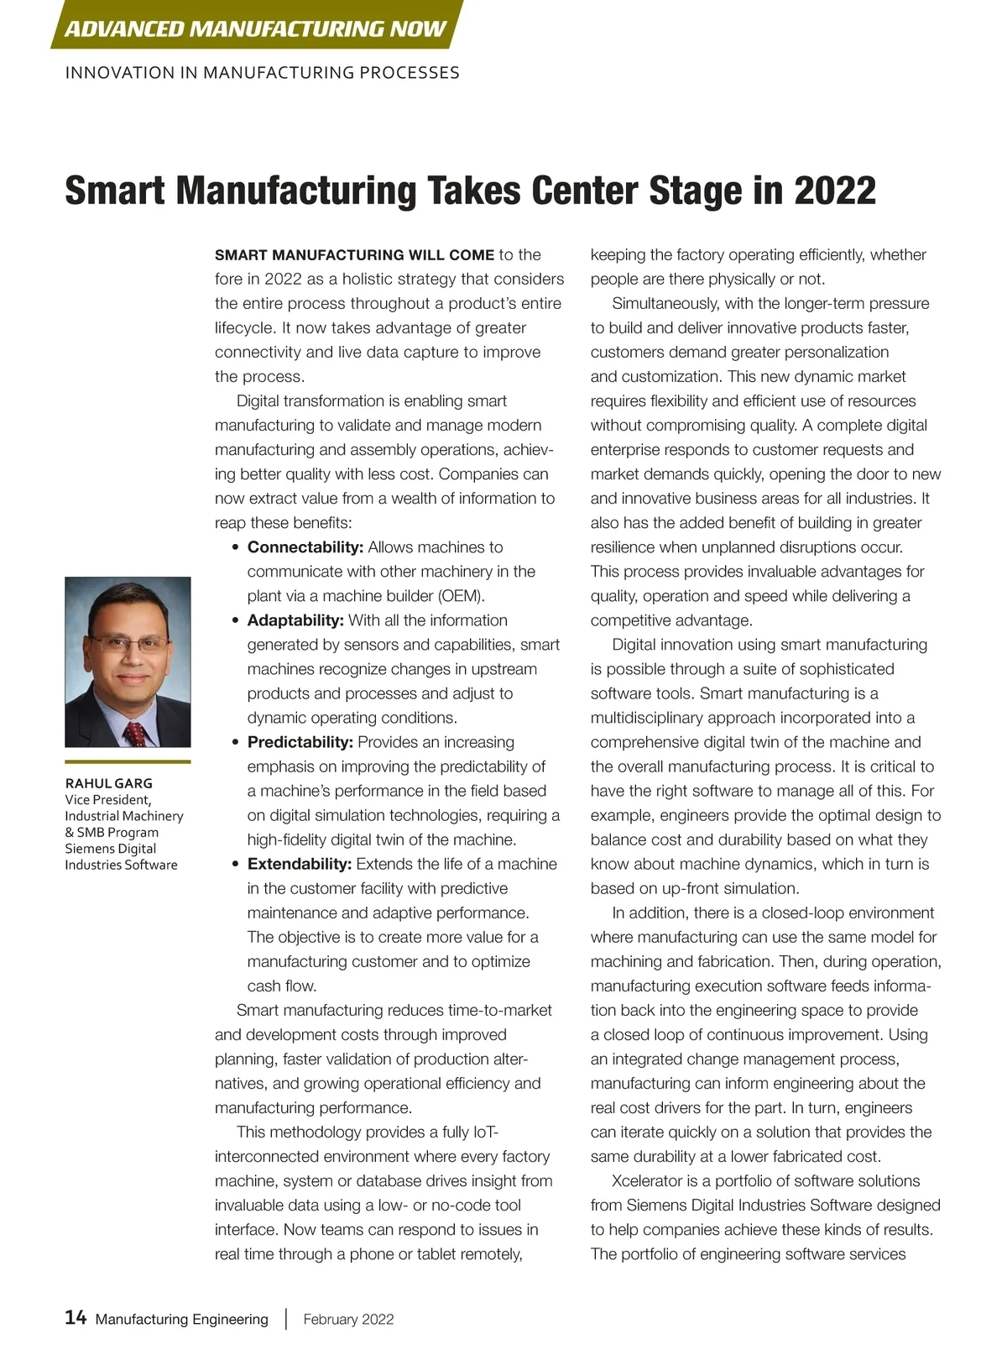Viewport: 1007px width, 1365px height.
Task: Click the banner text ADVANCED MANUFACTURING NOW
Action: [x=255, y=29]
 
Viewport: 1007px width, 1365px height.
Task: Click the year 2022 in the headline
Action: [x=835, y=191]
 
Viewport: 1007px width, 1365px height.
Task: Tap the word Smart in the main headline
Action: [x=114, y=191]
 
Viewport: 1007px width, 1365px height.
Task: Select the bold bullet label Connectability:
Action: [x=305, y=547]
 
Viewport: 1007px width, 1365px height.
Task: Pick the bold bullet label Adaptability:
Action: [x=295, y=620]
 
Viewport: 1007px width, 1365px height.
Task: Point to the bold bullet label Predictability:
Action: [x=300, y=742]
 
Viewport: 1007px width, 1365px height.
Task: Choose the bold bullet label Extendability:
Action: [x=299, y=864]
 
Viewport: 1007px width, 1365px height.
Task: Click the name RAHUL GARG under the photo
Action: [x=109, y=783]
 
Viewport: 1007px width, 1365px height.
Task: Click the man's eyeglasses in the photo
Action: [x=128, y=644]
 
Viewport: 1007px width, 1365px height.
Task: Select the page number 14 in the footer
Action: [x=76, y=1317]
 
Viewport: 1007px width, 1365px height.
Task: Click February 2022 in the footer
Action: [x=348, y=1319]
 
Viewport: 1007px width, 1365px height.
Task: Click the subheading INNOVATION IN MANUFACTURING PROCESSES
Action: [x=262, y=73]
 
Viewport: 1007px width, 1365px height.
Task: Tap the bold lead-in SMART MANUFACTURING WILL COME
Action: [x=354, y=255]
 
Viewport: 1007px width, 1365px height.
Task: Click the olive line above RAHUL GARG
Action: [x=128, y=761]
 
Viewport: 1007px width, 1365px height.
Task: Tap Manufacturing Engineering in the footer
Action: [x=182, y=1319]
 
